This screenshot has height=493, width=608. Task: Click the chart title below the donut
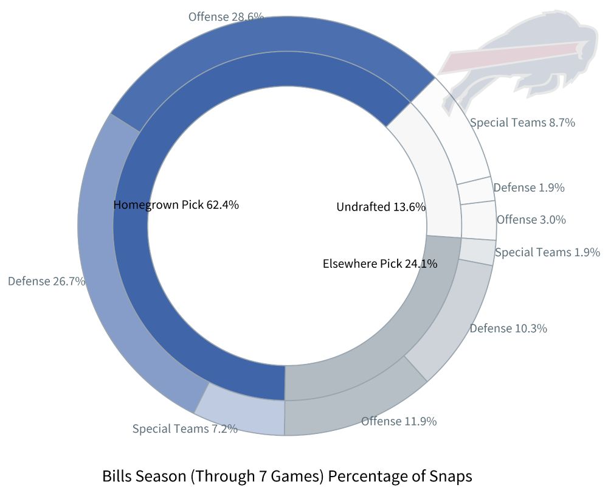coord(287,476)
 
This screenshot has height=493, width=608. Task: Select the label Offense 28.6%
coord(226,16)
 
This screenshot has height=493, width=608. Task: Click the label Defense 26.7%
coord(46,281)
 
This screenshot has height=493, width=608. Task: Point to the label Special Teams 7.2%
coord(185,428)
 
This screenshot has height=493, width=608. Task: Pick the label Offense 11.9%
coord(399,421)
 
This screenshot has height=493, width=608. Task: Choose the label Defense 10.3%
coord(508,329)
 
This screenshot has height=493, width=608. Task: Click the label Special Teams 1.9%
coord(547,252)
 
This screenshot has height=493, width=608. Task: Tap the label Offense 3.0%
coord(531,220)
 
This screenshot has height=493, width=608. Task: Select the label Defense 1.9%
coord(528,187)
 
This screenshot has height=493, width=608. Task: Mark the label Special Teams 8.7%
coord(522,122)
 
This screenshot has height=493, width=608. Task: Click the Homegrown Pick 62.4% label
coord(176,205)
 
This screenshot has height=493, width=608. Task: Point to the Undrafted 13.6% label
coord(381,207)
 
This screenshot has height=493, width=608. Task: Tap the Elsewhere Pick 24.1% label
coord(380,264)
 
